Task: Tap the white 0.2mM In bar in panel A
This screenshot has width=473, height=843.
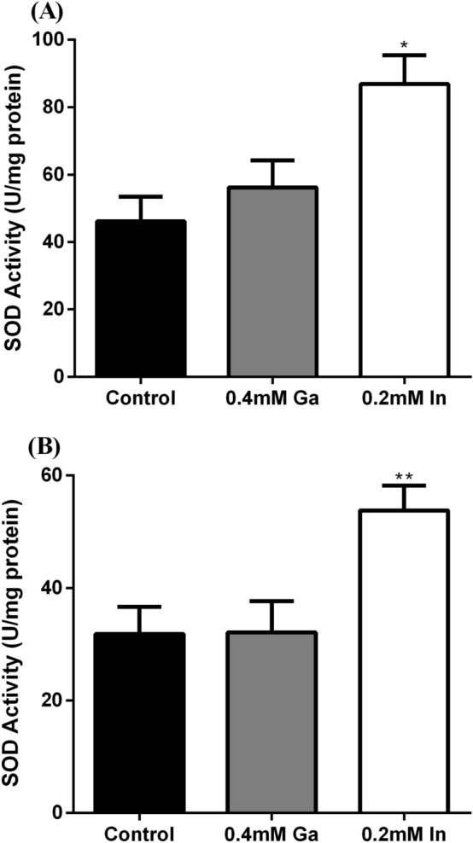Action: click(x=405, y=230)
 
